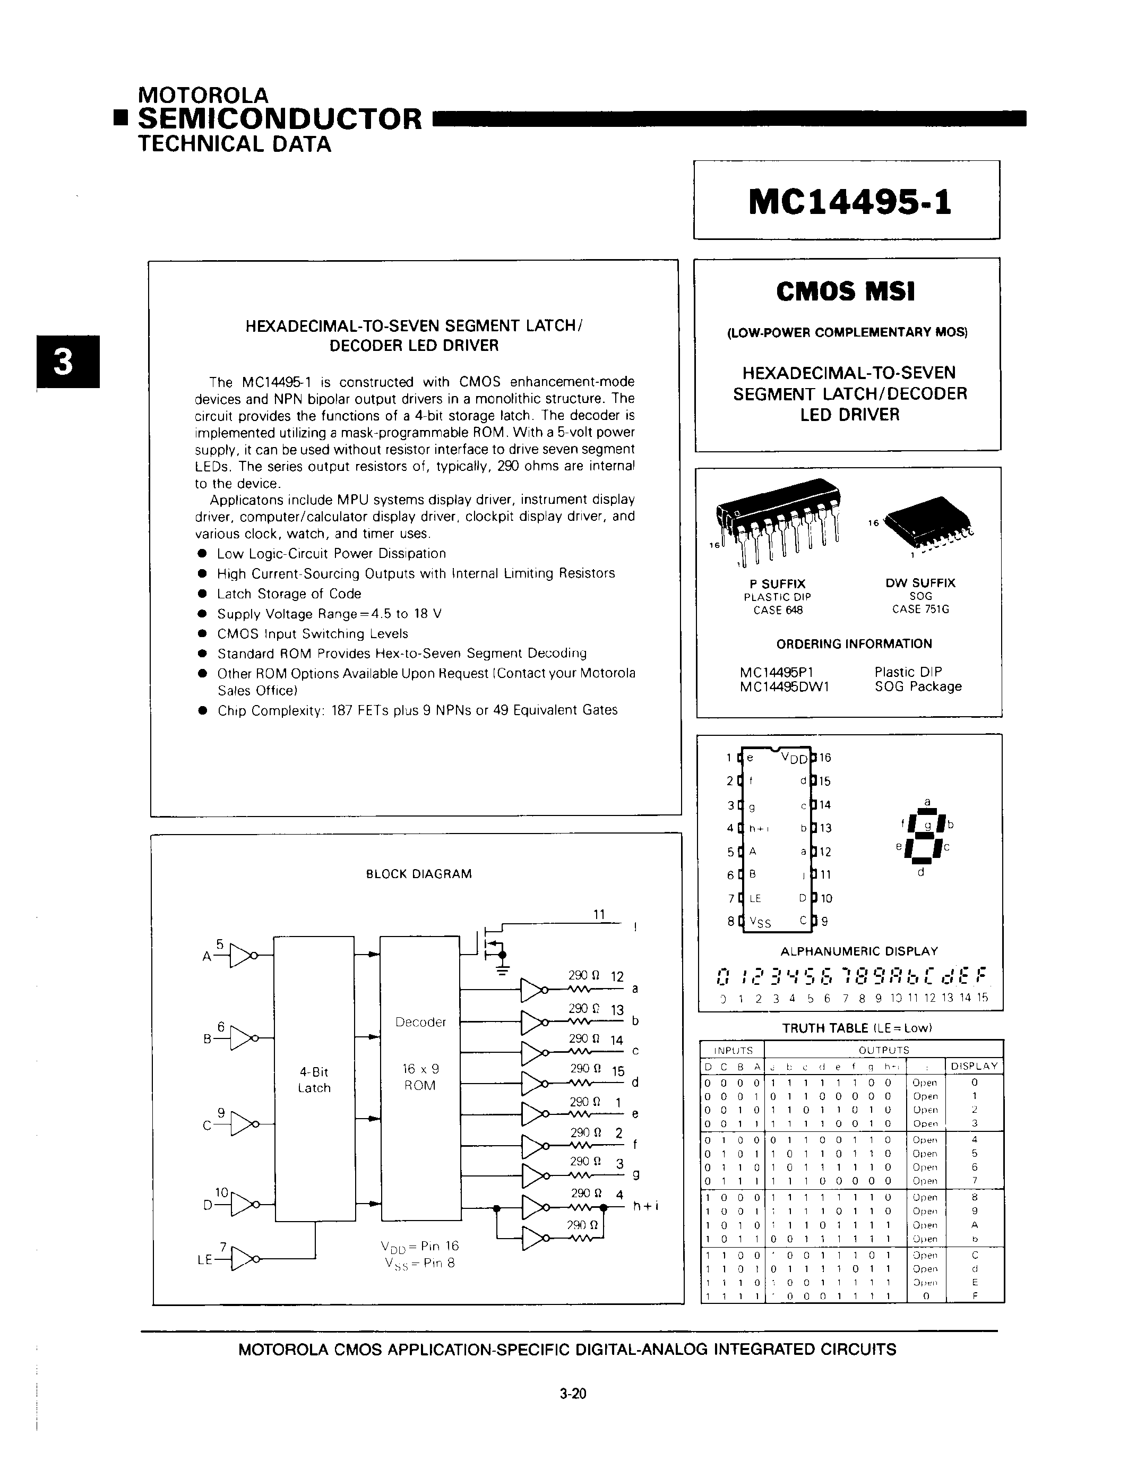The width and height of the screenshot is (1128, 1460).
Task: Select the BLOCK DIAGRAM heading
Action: coord(419,874)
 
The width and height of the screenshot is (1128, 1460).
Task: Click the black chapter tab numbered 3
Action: coord(68,362)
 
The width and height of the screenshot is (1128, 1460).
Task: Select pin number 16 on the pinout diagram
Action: coord(825,758)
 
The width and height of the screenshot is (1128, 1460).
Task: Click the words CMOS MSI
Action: coord(845,291)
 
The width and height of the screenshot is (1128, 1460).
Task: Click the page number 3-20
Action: coord(573,1394)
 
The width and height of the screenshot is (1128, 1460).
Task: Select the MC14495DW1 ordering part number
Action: coord(785,686)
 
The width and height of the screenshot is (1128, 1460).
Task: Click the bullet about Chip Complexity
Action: coord(417,710)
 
